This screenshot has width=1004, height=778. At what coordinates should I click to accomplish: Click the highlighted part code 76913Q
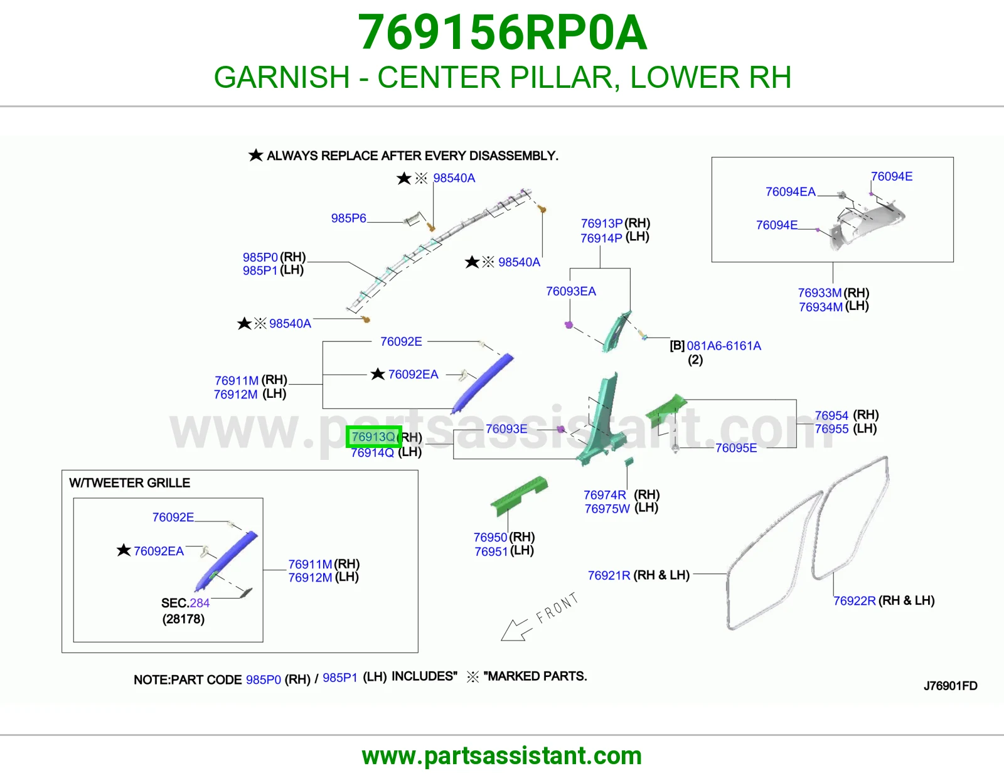pyautogui.click(x=373, y=437)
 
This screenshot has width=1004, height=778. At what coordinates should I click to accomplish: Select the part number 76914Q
pyautogui.click(x=372, y=452)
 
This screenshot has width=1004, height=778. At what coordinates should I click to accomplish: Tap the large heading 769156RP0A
pyautogui.click(x=502, y=32)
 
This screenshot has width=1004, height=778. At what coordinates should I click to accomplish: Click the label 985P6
pyautogui.click(x=348, y=218)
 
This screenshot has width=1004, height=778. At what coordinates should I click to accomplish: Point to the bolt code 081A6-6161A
pyautogui.click(x=724, y=346)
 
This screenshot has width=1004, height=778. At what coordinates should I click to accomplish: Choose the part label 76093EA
pyautogui.click(x=570, y=291)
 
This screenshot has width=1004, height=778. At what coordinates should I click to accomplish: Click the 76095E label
pyautogui.click(x=736, y=448)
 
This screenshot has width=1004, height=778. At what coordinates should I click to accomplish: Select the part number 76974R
pyautogui.click(x=605, y=495)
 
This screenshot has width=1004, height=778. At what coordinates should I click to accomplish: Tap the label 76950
pyautogui.click(x=490, y=537)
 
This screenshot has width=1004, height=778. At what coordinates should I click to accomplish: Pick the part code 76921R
pyautogui.click(x=609, y=575)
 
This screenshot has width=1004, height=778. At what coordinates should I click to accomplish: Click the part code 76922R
pyautogui.click(x=854, y=600)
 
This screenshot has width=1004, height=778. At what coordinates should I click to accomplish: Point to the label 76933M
pyautogui.click(x=820, y=293)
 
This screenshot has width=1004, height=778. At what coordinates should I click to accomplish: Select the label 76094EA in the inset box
pyautogui.click(x=791, y=192)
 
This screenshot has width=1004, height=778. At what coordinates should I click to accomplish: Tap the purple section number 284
pyautogui.click(x=200, y=603)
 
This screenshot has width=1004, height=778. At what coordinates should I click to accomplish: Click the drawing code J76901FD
pyautogui.click(x=951, y=686)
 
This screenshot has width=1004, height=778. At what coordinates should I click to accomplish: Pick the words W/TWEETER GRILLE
pyautogui.click(x=129, y=482)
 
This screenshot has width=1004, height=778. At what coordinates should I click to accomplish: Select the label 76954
pyautogui.click(x=831, y=415)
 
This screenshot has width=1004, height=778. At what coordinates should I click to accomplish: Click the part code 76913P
pyautogui.click(x=602, y=223)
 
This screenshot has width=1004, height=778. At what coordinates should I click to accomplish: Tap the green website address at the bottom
pyautogui.click(x=502, y=756)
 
